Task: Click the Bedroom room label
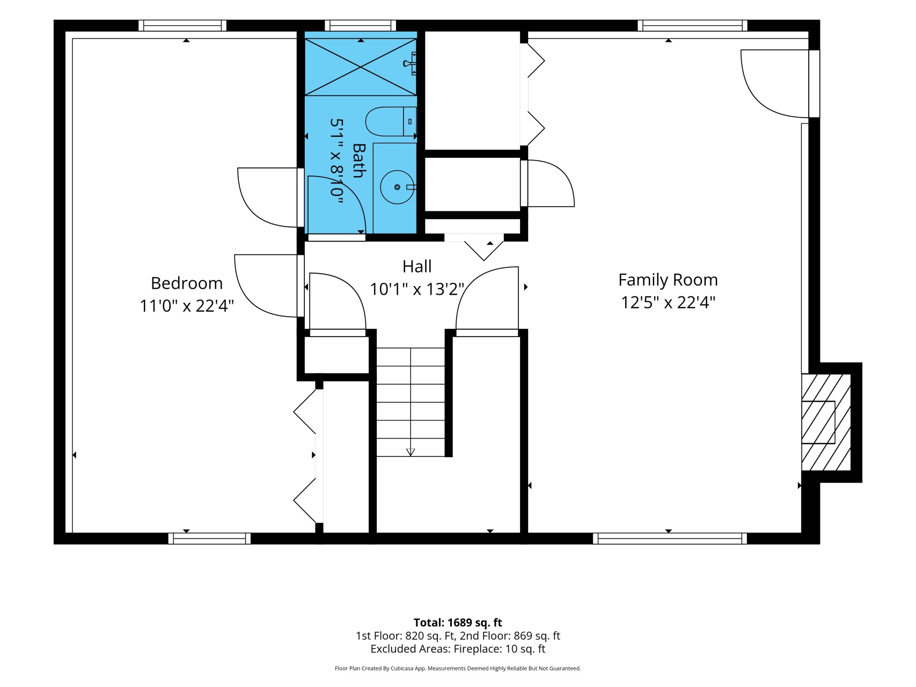pyautogui.click(x=186, y=283)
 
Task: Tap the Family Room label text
pyautogui.click(x=668, y=280)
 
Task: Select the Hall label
pyautogui.click(x=417, y=266)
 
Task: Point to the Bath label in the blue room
pyautogui.click(x=358, y=160)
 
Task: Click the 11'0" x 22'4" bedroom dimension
pyautogui.click(x=187, y=305)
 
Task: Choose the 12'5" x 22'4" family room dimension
pyautogui.click(x=668, y=302)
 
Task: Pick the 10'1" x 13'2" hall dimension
pyautogui.click(x=417, y=289)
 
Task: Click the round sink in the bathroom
pyautogui.click(x=397, y=187)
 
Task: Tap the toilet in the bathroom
pyautogui.click(x=391, y=121)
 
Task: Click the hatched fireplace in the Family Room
pyautogui.click(x=826, y=422)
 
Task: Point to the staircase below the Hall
pyautogui.click(x=411, y=402)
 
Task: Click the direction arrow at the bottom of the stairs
pyautogui.click(x=411, y=452)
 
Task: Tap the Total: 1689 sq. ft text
pyautogui.click(x=458, y=623)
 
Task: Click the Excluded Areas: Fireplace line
pyautogui.click(x=458, y=649)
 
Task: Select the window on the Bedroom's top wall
pyautogui.click(x=182, y=25)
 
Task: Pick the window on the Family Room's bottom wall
pyautogui.click(x=670, y=538)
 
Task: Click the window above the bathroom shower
pyautogui.click(x=361, y=25)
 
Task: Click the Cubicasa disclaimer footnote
pyautogui.click(x=458, y=668)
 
